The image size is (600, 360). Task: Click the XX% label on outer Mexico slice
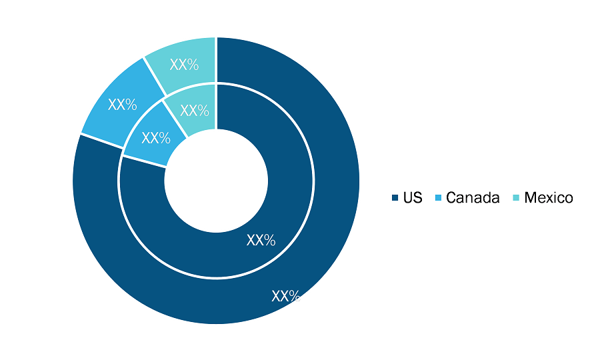(x=184, y=65)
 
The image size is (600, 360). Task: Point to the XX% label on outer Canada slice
(x=123, y=105)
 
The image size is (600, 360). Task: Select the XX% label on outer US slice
(x=286, y=296)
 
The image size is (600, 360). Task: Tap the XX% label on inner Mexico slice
(x=195, y=111)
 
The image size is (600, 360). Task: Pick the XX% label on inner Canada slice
(x=156, y=138)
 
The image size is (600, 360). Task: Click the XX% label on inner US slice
(x=261, y=240)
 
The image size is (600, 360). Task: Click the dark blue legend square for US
(x=395, y=198)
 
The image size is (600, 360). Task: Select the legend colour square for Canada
(x=438, y=198)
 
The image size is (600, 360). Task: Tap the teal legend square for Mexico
(x=516, y=198)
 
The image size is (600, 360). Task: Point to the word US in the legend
(x=413, y=198)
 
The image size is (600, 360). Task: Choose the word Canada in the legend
(x=473, y=198)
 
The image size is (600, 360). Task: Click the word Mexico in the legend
(x=549, y=198)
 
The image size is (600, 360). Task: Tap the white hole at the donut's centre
(x=216, y=181)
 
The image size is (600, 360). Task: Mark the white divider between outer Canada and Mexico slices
(x=155, y=77)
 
